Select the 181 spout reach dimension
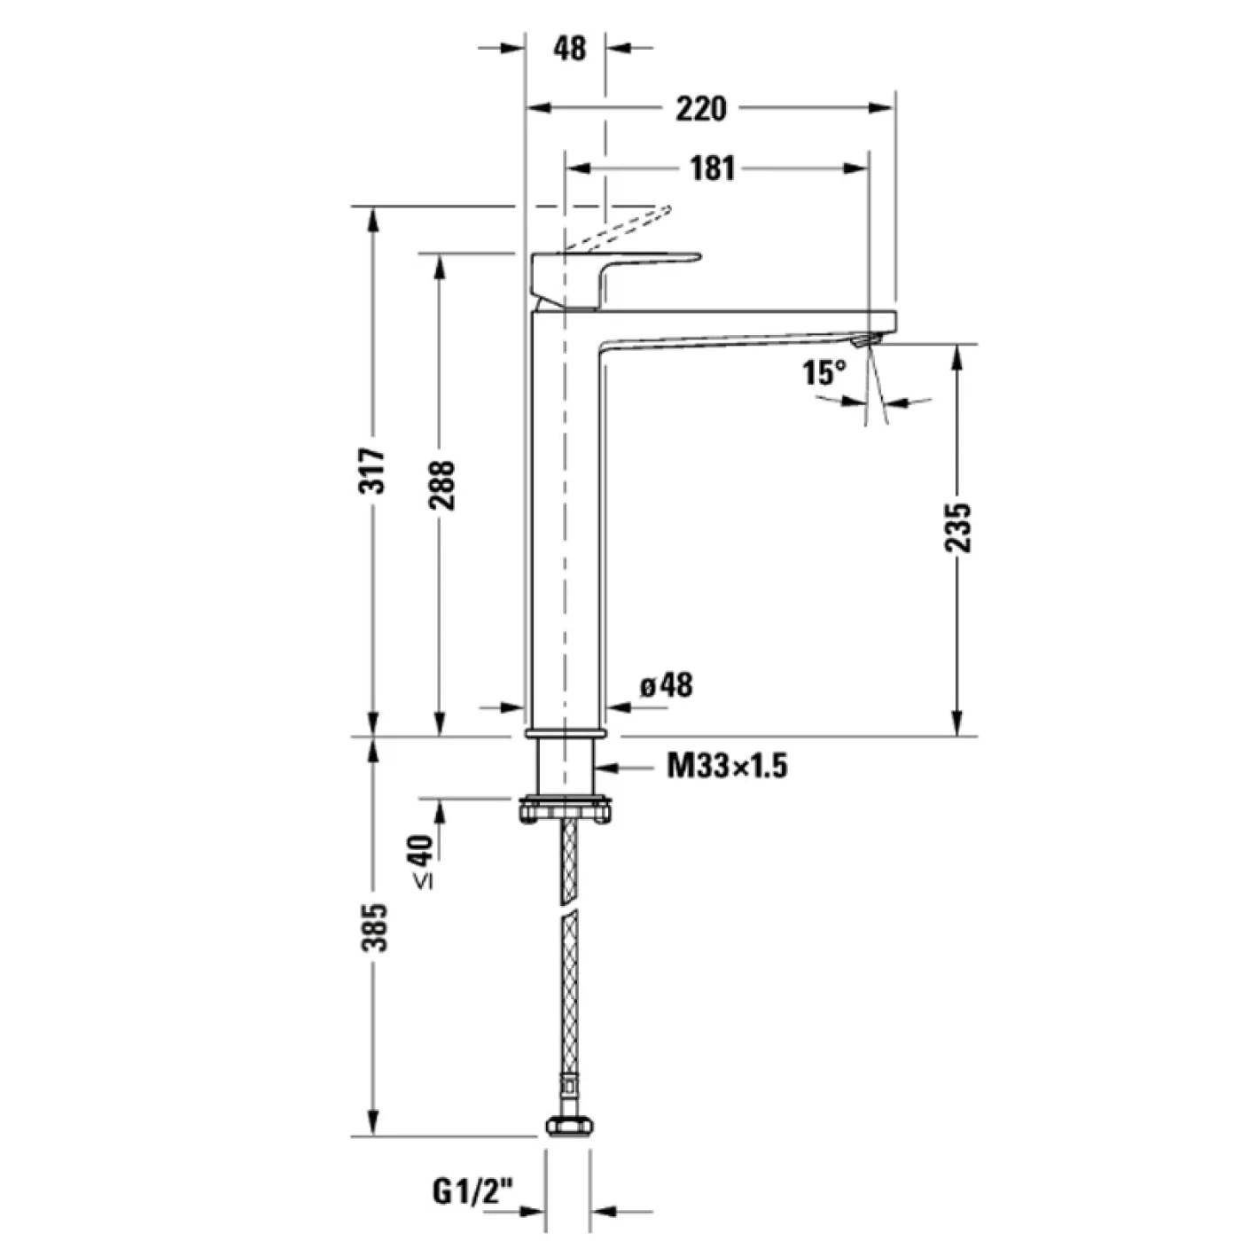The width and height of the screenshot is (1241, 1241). tap(713, 168)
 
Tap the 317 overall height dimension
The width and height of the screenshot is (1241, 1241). tap(376, 471)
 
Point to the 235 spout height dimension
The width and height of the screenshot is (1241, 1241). tap(957, 528)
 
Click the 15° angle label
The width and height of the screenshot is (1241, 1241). tap(823, 372)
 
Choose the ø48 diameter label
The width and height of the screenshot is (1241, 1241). tap(666, 685)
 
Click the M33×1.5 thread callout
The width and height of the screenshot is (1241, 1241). tap(727, 765)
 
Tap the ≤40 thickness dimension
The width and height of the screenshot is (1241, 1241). tap(424, 861)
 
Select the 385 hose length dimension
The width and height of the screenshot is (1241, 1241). tap(376, 927)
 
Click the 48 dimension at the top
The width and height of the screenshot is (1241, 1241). tap(569, 48)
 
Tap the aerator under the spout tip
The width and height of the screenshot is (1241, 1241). tap(864, 340)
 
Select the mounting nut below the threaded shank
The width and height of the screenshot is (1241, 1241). tap(566, 809)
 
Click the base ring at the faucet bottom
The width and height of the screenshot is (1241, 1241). tap(565, 733)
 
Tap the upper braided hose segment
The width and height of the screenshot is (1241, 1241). tap(567, 860)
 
